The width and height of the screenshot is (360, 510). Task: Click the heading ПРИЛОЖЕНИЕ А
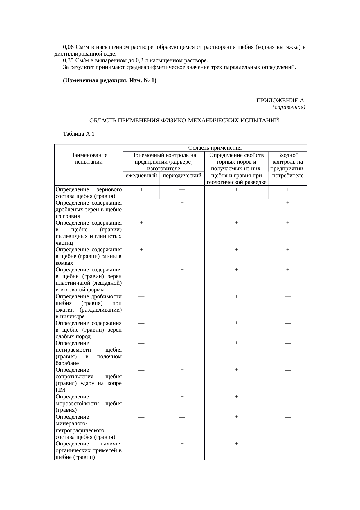click(280, 101)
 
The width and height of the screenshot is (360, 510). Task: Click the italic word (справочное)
click(289, 108)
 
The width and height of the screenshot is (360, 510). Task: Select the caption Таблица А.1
click(78, 134)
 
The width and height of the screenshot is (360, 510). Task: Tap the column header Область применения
click(215, 148)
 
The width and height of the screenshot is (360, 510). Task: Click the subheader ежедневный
click(141, 176)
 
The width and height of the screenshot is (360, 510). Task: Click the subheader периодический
click(182, 176)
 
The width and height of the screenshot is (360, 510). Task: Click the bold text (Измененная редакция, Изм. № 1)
click(109, 80)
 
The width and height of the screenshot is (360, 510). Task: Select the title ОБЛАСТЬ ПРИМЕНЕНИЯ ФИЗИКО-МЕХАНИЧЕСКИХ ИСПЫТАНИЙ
click(184, 120)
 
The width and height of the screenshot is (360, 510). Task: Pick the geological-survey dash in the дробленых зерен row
click(237, 203)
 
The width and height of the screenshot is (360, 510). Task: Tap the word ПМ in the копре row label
click(60, 390)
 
